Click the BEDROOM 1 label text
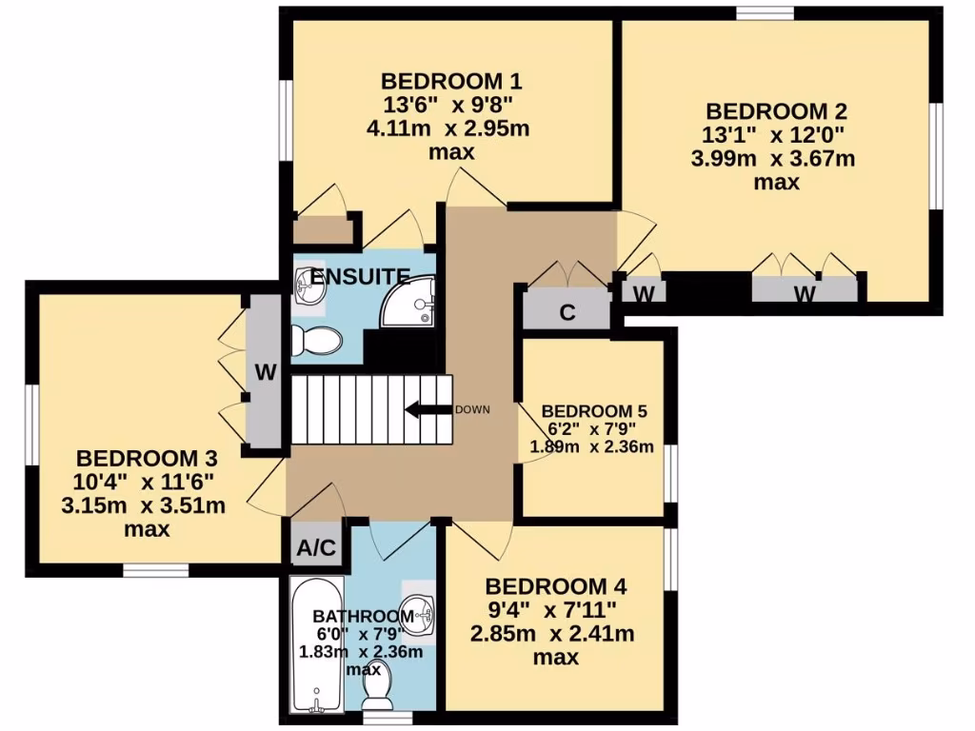click(x=451, y=80)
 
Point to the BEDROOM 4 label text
click(x=555, y=584)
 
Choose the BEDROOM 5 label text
click(x=594, y=411)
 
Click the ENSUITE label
click(x=361, y=277)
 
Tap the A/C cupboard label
click(x=316, y=549)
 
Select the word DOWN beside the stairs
click(x=472, y=410)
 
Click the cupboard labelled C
click(x=567, y=312)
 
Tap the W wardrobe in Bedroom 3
click(x=265, y=372)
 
